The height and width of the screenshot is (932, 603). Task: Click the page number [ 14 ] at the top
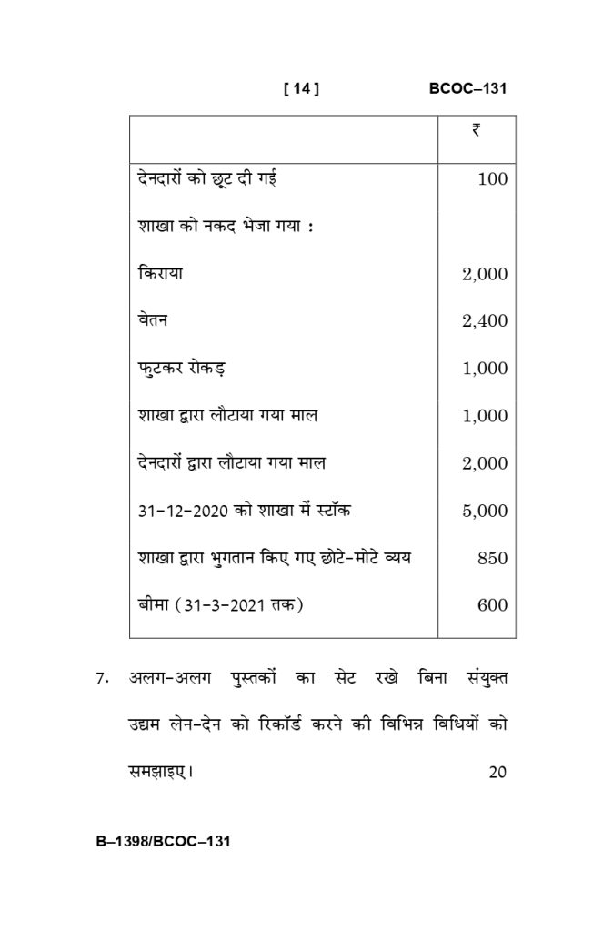coord(301,89)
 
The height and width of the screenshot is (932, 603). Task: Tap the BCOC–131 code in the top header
coord(467,89)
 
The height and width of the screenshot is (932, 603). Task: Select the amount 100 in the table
coord(492,179)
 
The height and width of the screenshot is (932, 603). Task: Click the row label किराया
coord(159,273)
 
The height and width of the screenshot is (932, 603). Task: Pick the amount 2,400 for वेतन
coord(485,321)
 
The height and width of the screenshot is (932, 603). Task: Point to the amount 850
coord(492,559)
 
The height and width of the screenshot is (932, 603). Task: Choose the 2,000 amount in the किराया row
coord(485,274)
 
